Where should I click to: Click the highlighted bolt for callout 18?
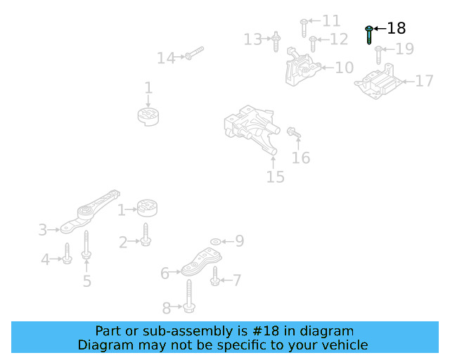(x=369, y=34)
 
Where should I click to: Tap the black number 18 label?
(x=397, y=28)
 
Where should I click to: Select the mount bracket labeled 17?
(x=380, y=83)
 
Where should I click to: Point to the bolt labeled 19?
(x=378, y=54)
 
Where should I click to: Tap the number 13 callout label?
(x=252, y=39)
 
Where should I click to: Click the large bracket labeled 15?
(x=251, y=130)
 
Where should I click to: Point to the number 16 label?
(x=301, y=158)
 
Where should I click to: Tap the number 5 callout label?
(x=87, y=281)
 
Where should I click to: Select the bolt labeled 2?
(x=145, y=235)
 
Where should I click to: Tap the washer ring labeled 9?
(x=215, y=242)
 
